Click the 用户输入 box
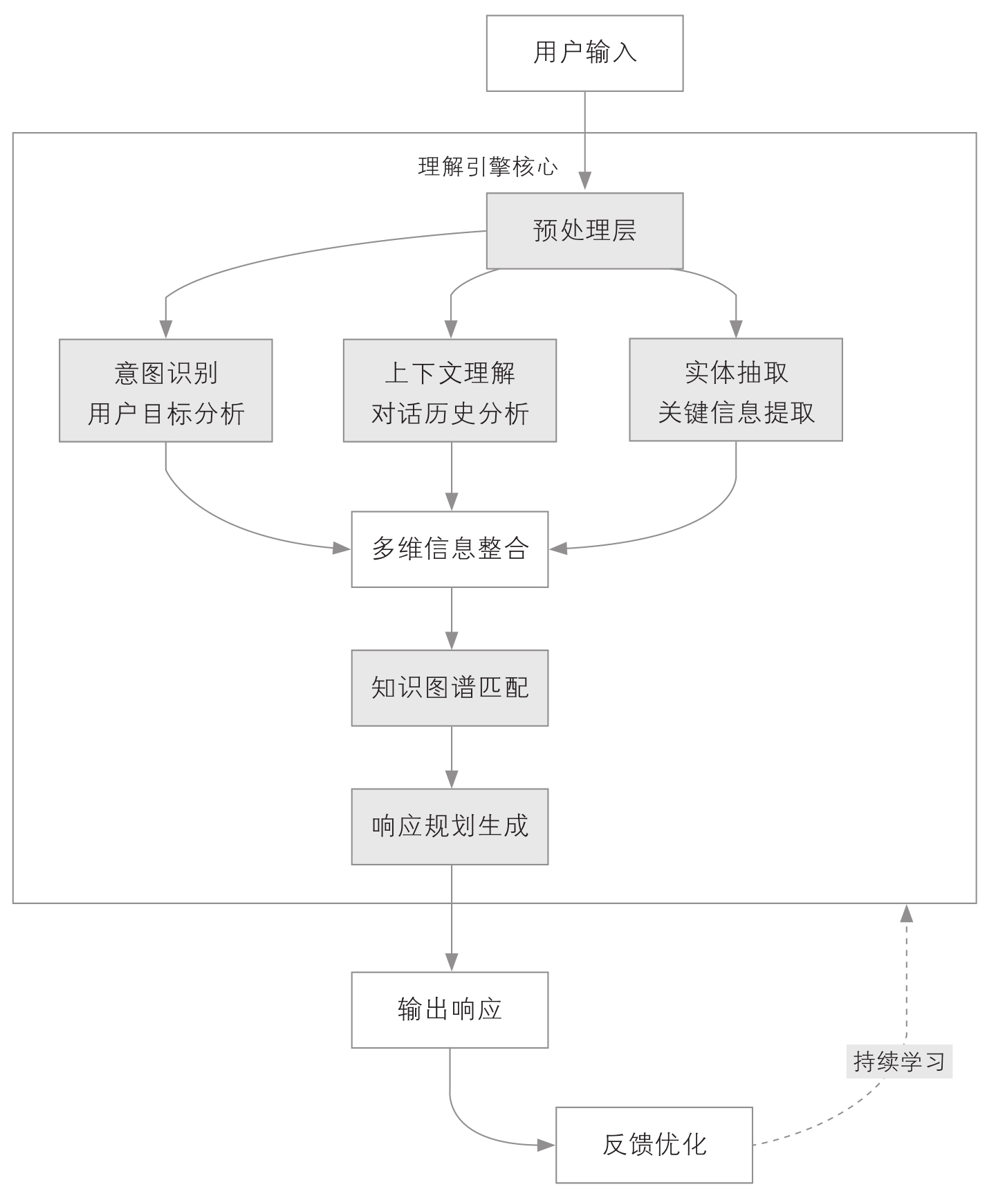pyautogui.click(x=584, y=53)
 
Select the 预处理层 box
pyautogui.click(x=584, y=230)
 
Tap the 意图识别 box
pyautogui.click(x=166, y=390)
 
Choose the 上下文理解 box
pyautogui.click(x=450, y=390)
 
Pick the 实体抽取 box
pyautogui.click(x=735, y=389)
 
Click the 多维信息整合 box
pyautogui.click(x=450, y=549)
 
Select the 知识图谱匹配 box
pyautogui.click(x=450, y=688)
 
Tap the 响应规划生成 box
pyautogui.click(x=450, y=826)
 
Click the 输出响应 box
pyautogui.click(x=450, y=1009)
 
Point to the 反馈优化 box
pyautogui.click(x=654, y=1145)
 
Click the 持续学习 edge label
pyautogui.click(x=899, y=1061)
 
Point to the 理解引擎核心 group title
pyautogui.click(x=488, y=167)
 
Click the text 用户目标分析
pyautogui.click(x=166, y=414)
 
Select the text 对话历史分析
pyautogui.click(x=450, y=414)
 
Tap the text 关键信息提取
pyautogui.click(x=736, y=413)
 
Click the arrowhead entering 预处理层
pyautogui.click(x=585, y=182)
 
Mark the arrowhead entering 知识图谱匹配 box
pyautogui.click(x=452, y=640)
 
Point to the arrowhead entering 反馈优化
pyautogui.click(x=546, y=1145)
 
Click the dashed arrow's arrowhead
pyautogui.click(x=906, y=913)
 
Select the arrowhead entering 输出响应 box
pyautogui.click(x=452, y=962)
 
